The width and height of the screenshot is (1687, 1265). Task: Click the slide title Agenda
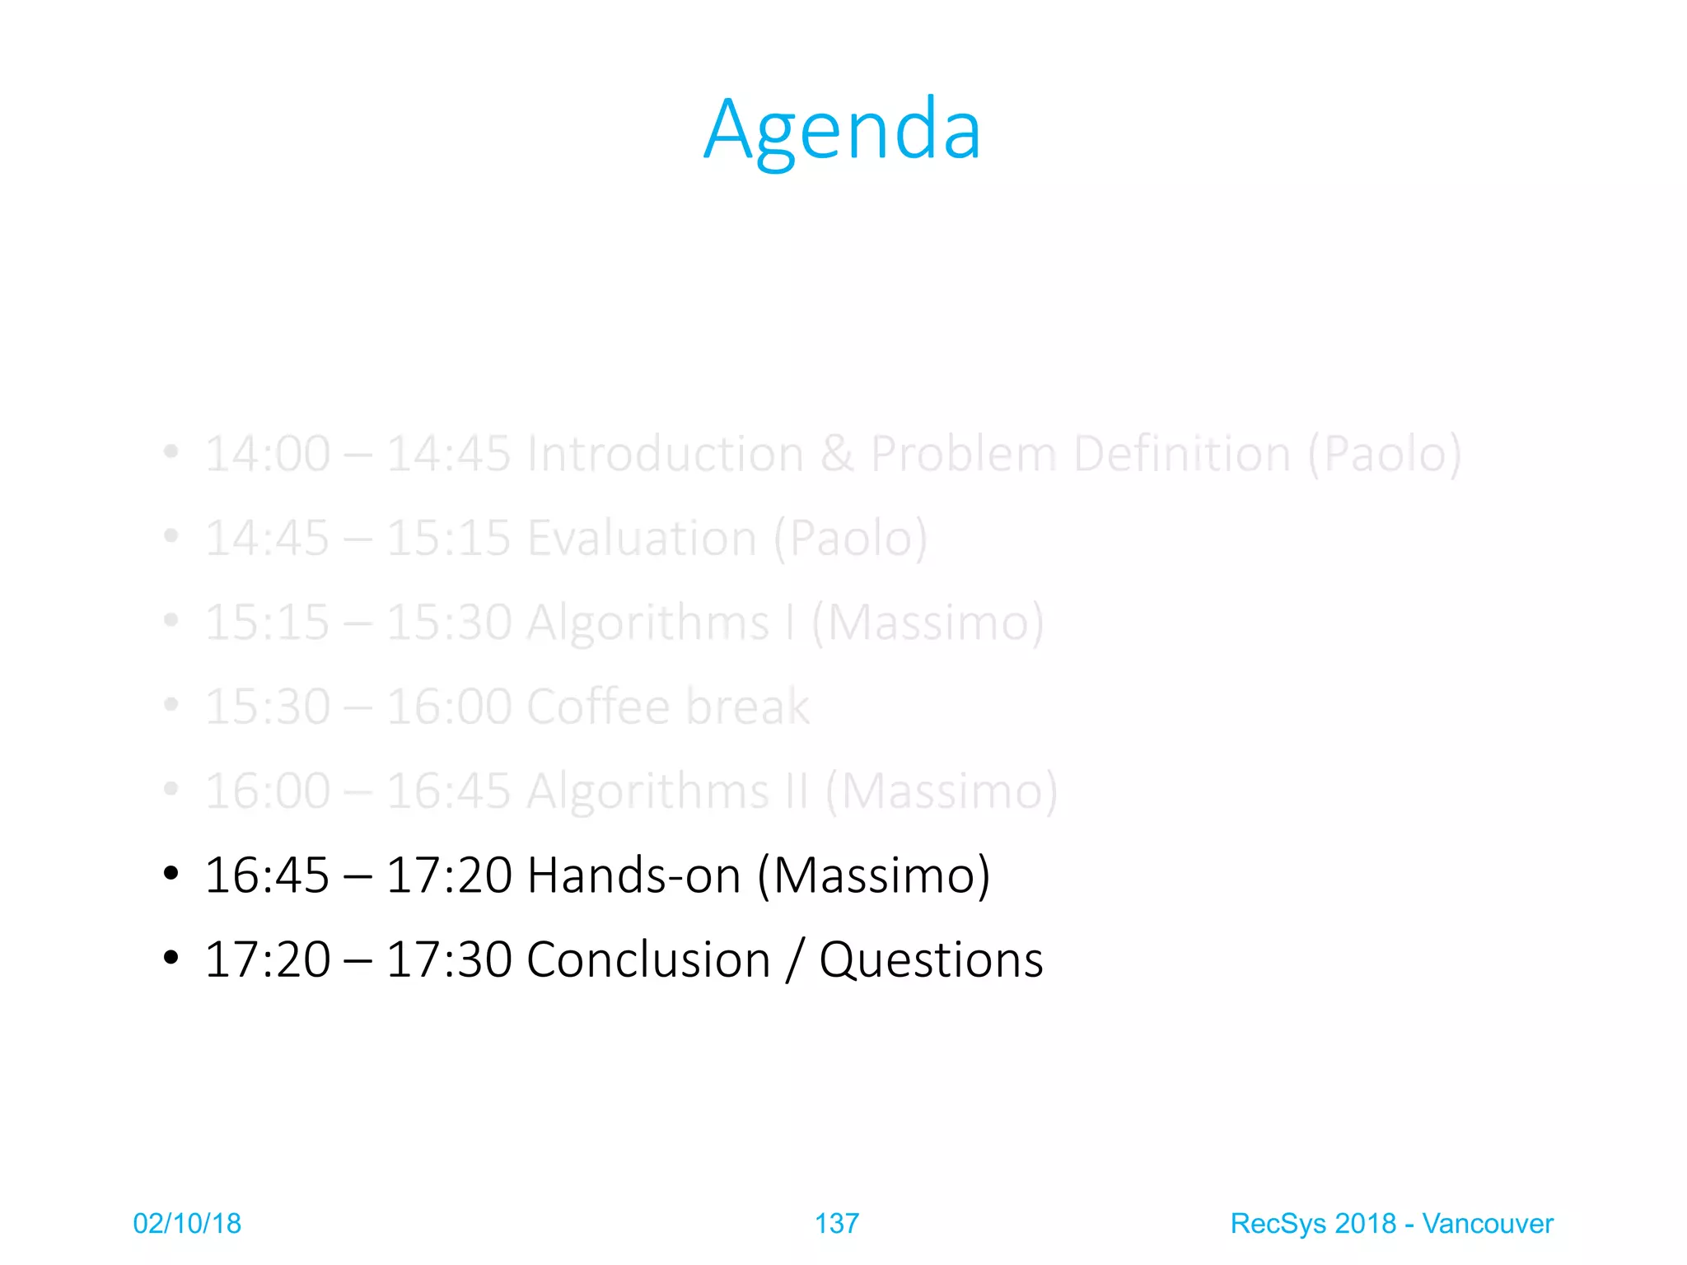(x=842, y=130)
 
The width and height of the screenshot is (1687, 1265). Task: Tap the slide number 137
(x=836, y=1224)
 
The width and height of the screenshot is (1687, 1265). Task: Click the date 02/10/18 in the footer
(x=187, y=1224)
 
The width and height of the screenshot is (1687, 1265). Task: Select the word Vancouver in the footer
(x=1487, y=1224)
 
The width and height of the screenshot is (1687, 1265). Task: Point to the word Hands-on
(x=633, y=875)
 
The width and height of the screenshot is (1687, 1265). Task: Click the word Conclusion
(x=648, y=960)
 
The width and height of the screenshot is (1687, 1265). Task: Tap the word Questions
(x=931, y=960)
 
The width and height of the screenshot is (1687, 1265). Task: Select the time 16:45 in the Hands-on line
(x=267, y=875)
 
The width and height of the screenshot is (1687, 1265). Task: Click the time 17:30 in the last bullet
(x=448, y=960)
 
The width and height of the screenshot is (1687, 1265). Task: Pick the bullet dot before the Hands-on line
(x=171, y=874)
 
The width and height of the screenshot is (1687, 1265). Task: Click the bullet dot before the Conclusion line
(x=171, y=958)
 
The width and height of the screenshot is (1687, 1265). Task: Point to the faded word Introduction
(x=666, y=454)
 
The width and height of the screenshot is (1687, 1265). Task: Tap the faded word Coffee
(x=598, y=707)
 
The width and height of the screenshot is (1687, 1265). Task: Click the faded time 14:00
(x=267, y=454)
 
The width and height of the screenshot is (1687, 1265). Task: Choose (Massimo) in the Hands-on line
(x=873, y=875)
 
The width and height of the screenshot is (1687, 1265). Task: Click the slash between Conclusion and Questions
(x=794, y=960)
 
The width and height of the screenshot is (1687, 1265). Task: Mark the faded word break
(x=747, y=707)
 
